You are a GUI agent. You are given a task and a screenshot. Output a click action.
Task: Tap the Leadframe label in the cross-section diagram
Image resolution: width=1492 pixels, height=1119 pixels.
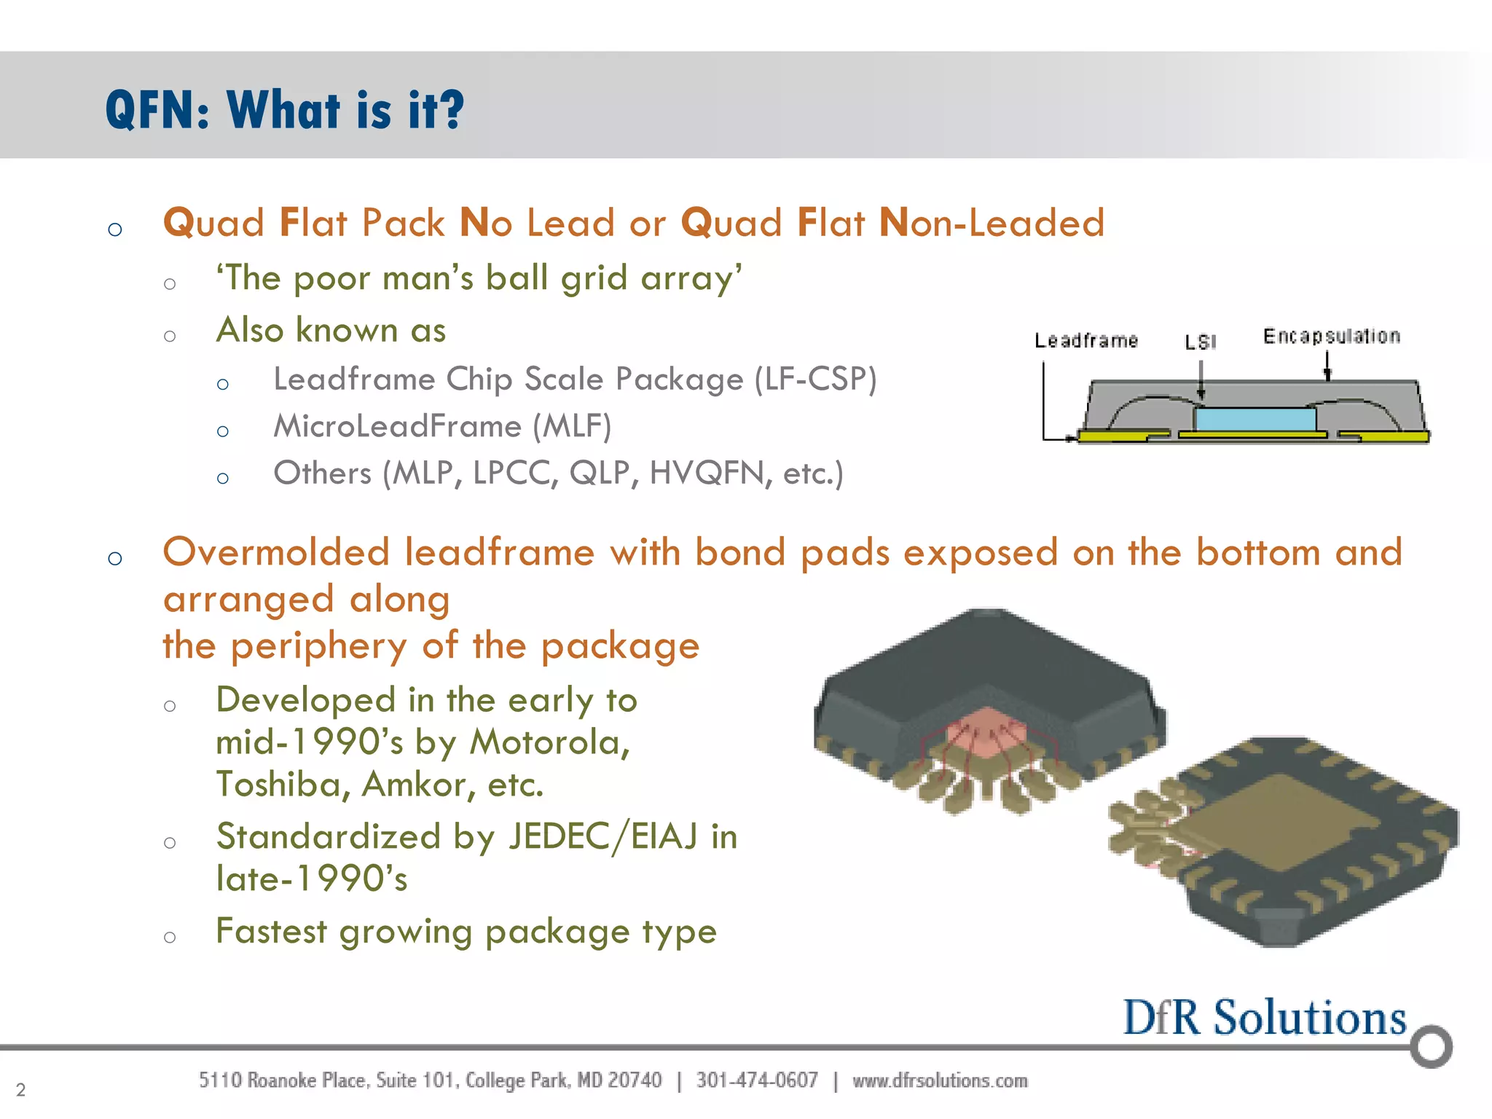click(1085, 340)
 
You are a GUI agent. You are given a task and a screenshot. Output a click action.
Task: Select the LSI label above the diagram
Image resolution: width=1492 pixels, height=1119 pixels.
click(1200, 342)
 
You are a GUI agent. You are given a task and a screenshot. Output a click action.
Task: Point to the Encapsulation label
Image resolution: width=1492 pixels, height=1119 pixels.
click(1331, 336)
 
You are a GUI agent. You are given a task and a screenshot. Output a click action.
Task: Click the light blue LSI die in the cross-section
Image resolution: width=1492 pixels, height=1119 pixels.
click(1255, 420)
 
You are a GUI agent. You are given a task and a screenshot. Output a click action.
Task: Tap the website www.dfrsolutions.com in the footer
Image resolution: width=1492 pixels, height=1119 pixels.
click(940, 1080)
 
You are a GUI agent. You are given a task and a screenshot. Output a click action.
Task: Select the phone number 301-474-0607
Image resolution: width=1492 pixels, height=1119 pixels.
click(756, 1080)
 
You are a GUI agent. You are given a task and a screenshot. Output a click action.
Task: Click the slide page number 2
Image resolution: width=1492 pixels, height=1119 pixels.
click(20, 1090)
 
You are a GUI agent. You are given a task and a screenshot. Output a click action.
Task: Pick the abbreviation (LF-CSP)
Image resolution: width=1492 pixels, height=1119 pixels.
click(815, 379)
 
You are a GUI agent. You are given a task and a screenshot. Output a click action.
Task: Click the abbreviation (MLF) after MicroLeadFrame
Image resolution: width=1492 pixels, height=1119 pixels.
click(572, 426)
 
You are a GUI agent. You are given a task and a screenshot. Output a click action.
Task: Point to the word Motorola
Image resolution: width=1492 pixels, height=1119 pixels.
click(549, 742)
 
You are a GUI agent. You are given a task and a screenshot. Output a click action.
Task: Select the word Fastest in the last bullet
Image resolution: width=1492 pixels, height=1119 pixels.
click(272, 931)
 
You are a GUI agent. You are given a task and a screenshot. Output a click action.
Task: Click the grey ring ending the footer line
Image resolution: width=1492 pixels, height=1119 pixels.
click(1431, 1047)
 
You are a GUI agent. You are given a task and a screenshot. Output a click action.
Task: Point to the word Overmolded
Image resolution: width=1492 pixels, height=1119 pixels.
click(276, 552)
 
